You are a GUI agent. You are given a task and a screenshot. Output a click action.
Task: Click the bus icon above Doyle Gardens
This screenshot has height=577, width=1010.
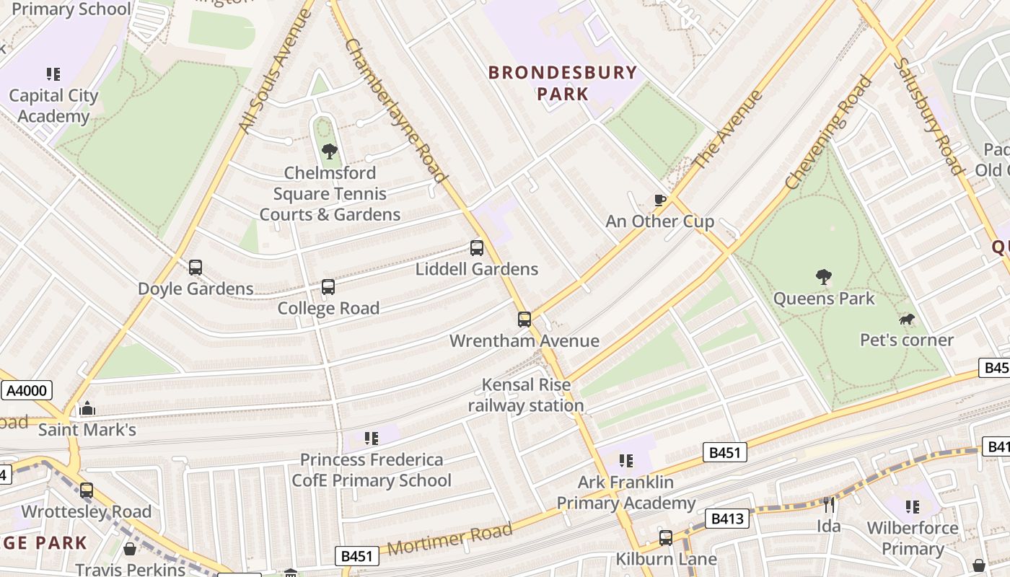coord(196,268)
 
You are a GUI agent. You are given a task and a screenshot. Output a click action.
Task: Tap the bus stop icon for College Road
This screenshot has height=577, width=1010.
coord(328,287)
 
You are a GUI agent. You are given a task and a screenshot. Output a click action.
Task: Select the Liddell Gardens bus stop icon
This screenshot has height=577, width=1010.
coord(477,248)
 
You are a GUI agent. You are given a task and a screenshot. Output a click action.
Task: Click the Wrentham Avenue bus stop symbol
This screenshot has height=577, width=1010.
coord(524,319)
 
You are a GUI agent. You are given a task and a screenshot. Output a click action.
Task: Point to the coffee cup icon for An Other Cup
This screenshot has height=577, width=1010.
coord(659,200)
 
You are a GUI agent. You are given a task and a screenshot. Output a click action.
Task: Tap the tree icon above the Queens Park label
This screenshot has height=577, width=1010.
coord(823,277)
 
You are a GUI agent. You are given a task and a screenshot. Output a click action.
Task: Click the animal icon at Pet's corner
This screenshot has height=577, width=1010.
coord(907,319)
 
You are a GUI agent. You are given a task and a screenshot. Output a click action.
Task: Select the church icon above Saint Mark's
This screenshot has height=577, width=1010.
coord(87,409)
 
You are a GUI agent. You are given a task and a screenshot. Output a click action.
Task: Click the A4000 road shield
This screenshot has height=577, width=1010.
coord(27,391)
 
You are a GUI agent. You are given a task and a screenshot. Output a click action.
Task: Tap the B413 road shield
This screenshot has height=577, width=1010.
coord(726,518)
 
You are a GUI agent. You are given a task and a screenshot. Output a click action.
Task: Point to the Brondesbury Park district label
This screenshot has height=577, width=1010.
coord(563,83)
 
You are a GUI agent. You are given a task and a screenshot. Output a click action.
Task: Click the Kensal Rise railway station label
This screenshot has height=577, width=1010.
coord(526,395)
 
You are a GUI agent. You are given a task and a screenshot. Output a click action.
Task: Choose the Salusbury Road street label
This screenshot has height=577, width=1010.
coord(928,115)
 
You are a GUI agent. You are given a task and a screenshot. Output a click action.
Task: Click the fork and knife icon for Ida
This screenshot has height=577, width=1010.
coord(829,504)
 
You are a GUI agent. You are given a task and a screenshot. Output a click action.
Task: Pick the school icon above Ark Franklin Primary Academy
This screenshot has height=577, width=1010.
coord(626,460)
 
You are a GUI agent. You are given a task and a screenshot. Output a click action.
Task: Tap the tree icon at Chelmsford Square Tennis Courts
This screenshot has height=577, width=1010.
coord(330,151)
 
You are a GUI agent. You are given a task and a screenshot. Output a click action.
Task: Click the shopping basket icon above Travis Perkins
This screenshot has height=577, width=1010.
coord(130,550)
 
